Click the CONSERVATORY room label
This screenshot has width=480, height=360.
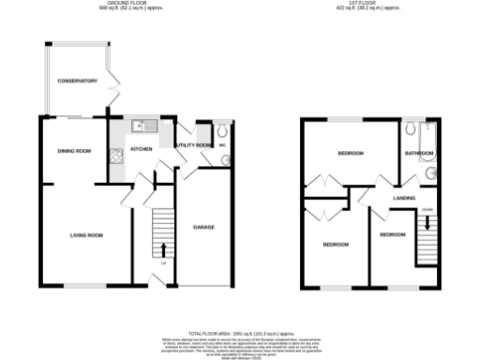pyautogui.click(x=77, y=82)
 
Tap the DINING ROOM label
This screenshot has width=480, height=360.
pyautogui.click(x=74, y=150)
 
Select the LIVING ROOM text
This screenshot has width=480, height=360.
pyautogui.click(x=85, y=234)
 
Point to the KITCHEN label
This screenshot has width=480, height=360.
pyautogui.click(x=141, y=149)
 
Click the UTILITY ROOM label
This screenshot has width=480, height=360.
pyautogui.click(x=193, y=146)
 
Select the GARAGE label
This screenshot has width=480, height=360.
pyautogui.click(x=204, y=228)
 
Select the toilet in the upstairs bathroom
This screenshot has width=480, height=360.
pyautogui.click(x=412, y=129)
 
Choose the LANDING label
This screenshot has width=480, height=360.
pyautogui.click(x=404, y=198)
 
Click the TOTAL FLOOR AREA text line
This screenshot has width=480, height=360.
pyautogui.click(x=240, y=333)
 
